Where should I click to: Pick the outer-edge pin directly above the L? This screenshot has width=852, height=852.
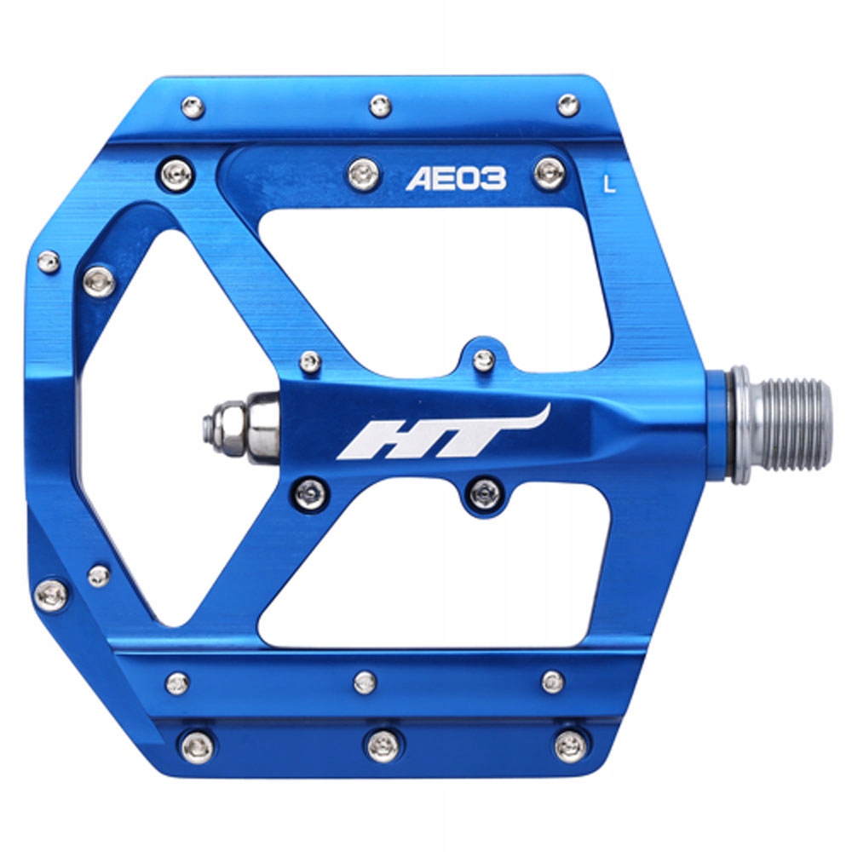(567, 106)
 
